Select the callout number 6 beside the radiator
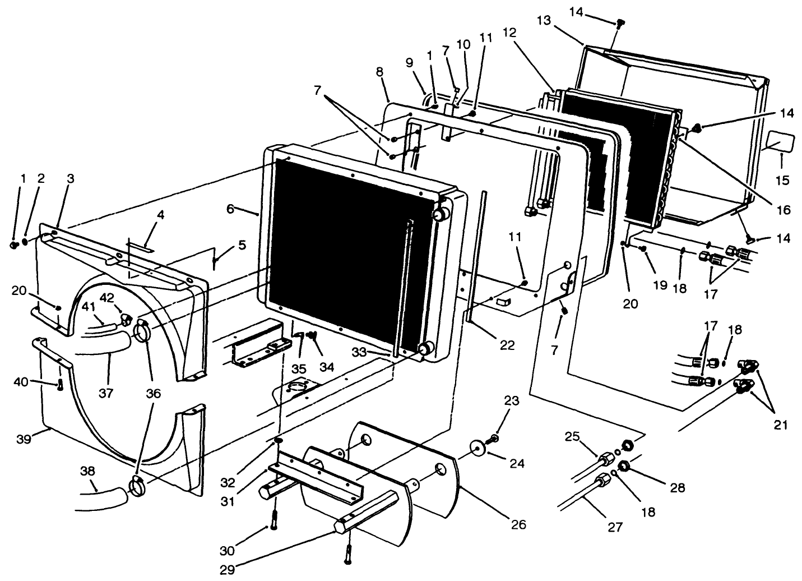(x=230, y=208)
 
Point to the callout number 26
(x=518, y=525)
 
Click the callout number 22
(x=507, y=346)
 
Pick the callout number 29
(x=226, y=570)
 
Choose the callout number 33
(x=359, y=352)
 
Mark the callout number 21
(x=780, y=425)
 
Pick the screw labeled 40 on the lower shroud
(x=60, y=385)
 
